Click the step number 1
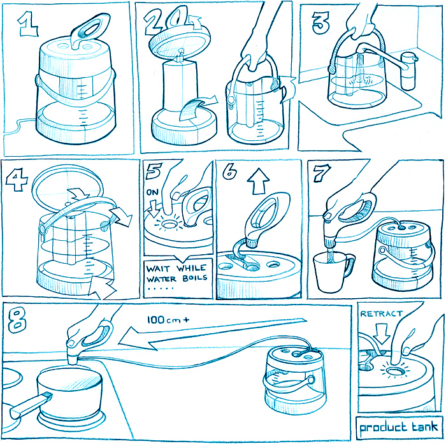click(28, 24)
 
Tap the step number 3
click(320, 23)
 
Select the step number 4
click(17, 180)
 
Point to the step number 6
click(230, 171)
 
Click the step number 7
click(322, 173)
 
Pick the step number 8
click(17, 320)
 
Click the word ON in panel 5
click(152, 192)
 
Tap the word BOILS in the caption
click(195, 278)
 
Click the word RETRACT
click(381, 313)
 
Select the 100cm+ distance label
click(168, 320)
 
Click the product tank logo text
click(399, 427)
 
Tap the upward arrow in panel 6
click(258, 182)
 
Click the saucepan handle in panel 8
click(30, 403)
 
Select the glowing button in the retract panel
click(396, 371)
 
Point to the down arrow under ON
click(154, 208)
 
